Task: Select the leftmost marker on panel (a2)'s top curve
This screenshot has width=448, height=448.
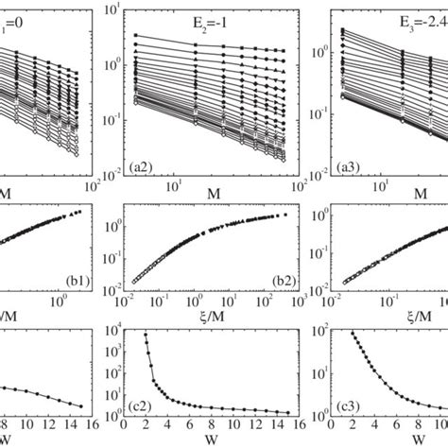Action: click(136, 35)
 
